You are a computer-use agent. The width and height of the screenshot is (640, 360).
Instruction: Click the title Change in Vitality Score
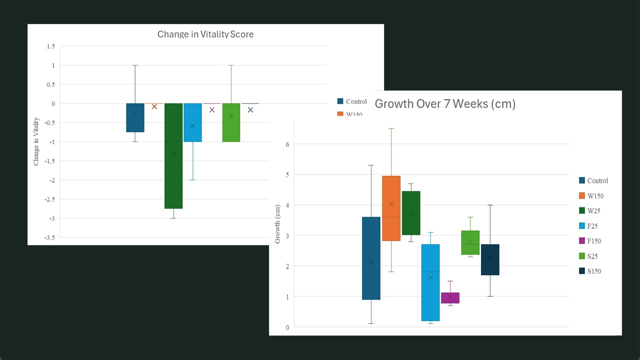pyautogui.click(x=205, y=34)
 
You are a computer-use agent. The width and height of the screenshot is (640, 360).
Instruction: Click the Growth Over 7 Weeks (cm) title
pyautogui.click(x=445, y=104)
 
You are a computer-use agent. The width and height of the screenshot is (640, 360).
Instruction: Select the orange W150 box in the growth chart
pyautogui.click(x=391, y=208)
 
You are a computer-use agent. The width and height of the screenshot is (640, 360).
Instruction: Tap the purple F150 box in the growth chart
pyautogui.click(x=450, y=297)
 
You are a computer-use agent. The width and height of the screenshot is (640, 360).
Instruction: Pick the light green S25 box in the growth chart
pyautogui.click(x=470, y=242)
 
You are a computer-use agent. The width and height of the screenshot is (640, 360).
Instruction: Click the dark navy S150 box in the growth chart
pyautogui.click(x=490, y=259)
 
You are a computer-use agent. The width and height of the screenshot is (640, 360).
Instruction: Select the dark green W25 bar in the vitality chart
pyautogui.click(x=173, y=156)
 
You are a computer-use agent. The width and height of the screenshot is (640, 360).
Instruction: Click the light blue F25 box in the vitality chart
pyautogui.click(x=192, y=122)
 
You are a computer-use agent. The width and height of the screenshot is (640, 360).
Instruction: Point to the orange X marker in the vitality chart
pyautogui.click(x=154, y=107)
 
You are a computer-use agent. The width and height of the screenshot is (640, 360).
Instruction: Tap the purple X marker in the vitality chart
pyautogui.click(x=212, y=110)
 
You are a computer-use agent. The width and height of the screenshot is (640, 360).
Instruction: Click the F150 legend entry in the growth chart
pyautogui.click(x=590, y=241)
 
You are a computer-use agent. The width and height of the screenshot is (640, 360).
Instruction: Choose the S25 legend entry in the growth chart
pyautogui.click(x=588, y=256)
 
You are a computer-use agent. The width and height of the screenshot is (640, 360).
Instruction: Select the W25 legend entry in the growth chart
pyautogui.click(x=589, y=211)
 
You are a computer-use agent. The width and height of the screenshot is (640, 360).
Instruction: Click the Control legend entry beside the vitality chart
pyautogui.click(x=352, y=101)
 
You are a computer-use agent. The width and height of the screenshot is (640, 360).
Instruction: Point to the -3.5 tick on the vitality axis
pyautogui.click(x=49, y=237)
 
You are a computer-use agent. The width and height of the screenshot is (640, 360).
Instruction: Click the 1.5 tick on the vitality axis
pyautogui.click(x=51, y=46)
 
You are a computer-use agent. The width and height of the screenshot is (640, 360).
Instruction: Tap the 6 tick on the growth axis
pyautogui.click(x=287, y=144)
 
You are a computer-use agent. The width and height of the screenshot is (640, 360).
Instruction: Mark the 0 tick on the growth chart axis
pyautogui.click(x=287, y=327)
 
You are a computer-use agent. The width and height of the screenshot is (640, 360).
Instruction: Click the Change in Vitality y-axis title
pyautogui.click(x=36, y=141)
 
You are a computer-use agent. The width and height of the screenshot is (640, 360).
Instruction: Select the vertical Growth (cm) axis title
pyautogui.click(x=277, y=224)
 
